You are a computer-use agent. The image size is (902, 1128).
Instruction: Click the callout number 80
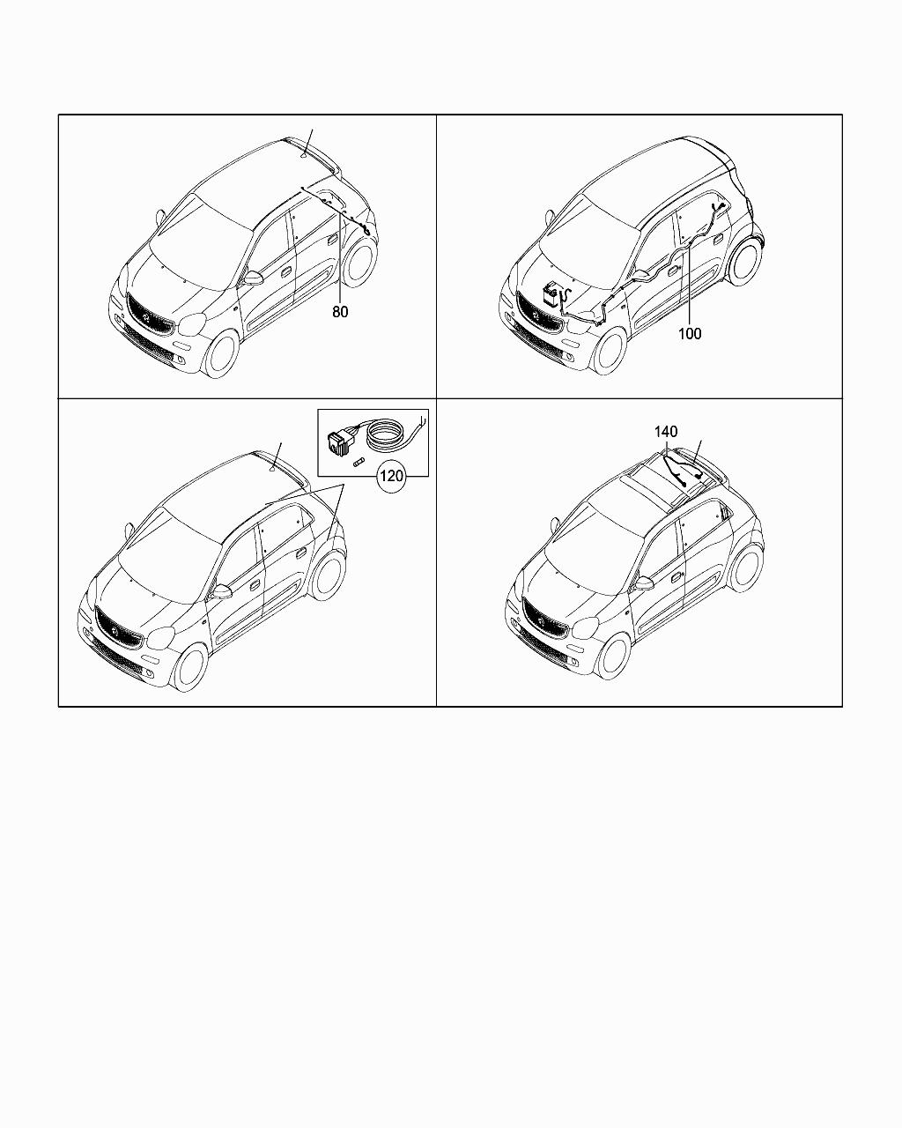(340, 312)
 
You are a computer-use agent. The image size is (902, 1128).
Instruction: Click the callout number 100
(690, 333)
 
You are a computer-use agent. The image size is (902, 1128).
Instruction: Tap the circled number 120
(391, 476)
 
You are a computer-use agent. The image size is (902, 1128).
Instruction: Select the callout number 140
(666, 432)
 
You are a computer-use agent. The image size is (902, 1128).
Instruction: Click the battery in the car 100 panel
(551, 294)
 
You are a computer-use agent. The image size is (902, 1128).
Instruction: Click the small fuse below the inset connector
(359, 464)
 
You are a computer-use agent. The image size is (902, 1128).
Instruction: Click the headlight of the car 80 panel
(192, 324)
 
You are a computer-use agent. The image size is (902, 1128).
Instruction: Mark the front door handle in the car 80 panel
(285, 271)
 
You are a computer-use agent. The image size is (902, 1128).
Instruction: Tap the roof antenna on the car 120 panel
(272, 471)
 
